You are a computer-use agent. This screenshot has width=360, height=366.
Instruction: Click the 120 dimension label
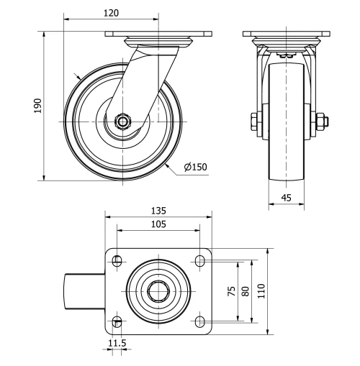[x=111, y=12]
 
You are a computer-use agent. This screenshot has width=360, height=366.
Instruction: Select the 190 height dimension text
[x=38, y=106]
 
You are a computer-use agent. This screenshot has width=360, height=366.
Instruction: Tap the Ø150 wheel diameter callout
[x=195, y=167]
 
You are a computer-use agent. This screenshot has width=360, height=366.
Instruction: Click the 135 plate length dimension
[x=158, y=211]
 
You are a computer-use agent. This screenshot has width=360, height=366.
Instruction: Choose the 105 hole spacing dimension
[x=158, y=224]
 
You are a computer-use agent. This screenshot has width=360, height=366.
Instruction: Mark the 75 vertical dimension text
[x=232, y=290]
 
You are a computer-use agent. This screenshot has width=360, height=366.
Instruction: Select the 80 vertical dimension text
[x=246, y=290]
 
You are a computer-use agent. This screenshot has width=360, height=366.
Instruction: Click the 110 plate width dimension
[x=261, y=290]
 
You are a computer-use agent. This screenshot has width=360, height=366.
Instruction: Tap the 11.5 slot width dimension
[x=117, y=344]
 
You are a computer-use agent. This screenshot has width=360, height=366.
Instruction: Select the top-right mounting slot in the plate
[x=199, y=261]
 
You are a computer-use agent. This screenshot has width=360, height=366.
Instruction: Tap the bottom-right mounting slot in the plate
[x=199, y=321]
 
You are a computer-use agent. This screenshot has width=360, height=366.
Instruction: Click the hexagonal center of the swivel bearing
[x=158, y=291]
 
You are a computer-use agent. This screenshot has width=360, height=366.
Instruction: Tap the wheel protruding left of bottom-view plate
[x=85, y=291]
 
